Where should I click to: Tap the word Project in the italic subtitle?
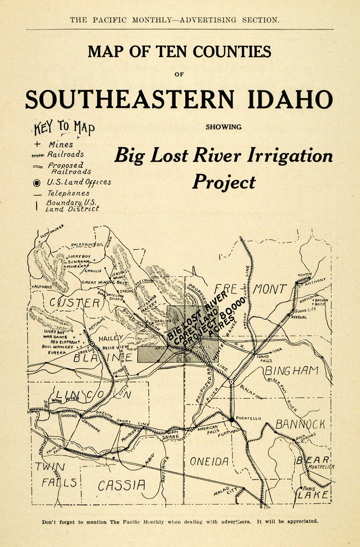point(224,182)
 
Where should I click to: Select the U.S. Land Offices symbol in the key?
point(36,183)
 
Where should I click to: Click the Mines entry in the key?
point(60,144)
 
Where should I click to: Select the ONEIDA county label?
point(209,461)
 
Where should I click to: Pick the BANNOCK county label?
point(300,424)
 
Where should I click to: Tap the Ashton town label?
point(304,274)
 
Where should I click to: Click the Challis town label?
point(93,270)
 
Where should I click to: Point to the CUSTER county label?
point(74,303)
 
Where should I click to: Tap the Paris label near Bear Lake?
point(309,489)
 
